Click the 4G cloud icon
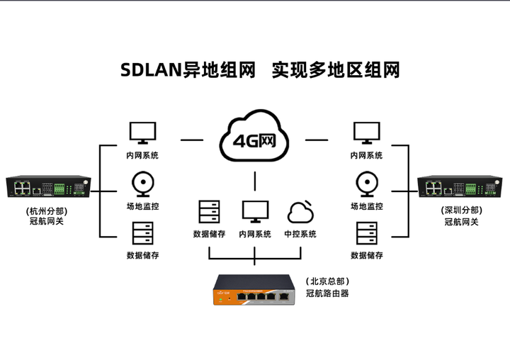tap(255, 137)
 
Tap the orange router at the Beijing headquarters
tap(255, 291)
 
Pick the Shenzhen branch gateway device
tap(461, 187)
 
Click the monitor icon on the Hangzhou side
tap(142, 133)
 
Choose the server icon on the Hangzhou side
tap(142, 233)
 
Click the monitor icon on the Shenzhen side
tap(367, 133)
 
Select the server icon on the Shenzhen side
tap(367, 233)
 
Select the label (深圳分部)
tap(461, 210)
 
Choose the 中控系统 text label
tap(300, 234)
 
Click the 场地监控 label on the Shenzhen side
tap(367, 206)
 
